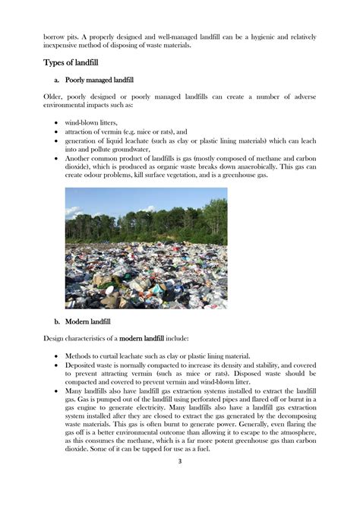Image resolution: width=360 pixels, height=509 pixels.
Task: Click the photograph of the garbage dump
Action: point(146,248)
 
